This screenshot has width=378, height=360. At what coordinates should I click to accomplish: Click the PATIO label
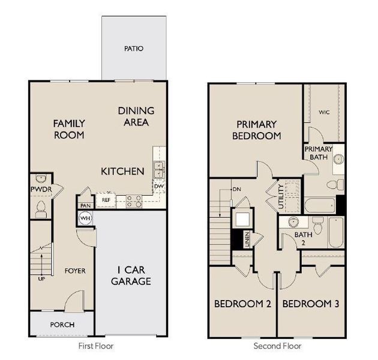(x=133, y=48)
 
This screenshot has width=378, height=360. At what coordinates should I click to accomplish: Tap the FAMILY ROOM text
(x=69, y=129)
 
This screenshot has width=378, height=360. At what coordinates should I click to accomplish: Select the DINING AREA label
(x=136, y=116)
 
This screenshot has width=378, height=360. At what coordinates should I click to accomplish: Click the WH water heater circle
(x=85, y=218)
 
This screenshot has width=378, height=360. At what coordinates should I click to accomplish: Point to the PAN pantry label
(x=85, y=205)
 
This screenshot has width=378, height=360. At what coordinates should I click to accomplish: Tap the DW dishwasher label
(x=158, y=187)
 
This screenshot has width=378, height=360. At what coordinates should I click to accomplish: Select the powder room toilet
(x=41, y=209)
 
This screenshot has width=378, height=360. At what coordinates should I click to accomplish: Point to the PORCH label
(x=62, y=325)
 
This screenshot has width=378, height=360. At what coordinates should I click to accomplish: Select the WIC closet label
(x=324, y=112)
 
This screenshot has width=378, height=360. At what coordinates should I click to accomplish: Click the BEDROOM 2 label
(x=242, y=304)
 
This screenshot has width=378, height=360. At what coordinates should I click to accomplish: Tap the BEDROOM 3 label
(x=310, y=304)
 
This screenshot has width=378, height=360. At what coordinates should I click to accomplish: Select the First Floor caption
(x=97, y=346)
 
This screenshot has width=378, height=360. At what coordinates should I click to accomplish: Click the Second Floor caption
(x=277, y=346)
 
